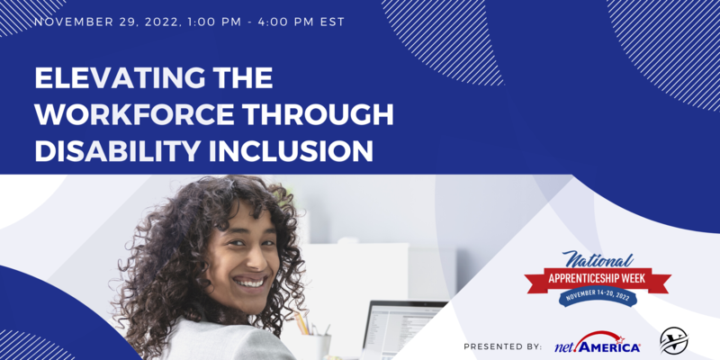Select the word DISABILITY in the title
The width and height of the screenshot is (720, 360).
(112, 151)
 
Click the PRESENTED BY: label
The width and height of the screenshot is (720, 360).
(503, 346)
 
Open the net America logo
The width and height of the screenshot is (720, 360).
(598, 343)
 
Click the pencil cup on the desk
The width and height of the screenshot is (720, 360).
(315, 342)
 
